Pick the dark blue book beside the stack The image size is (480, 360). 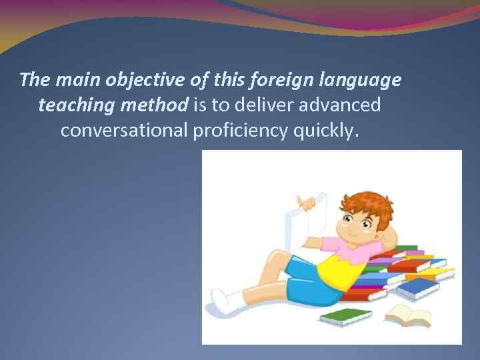click(418, 288)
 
